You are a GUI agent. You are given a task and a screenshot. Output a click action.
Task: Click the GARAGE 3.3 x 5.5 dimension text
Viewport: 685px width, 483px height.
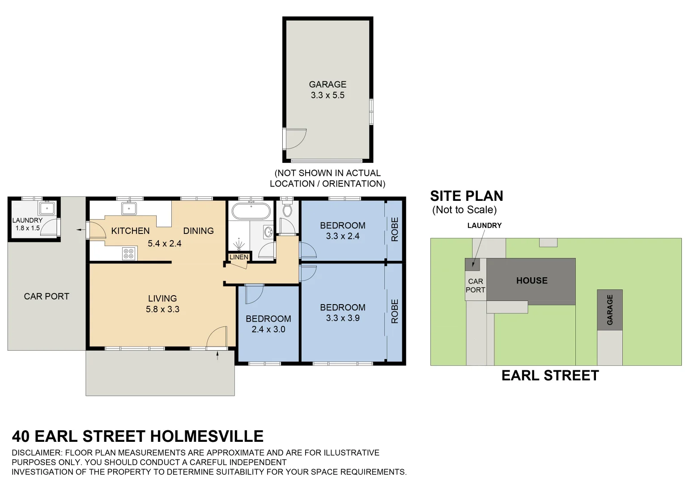tap(328, 95)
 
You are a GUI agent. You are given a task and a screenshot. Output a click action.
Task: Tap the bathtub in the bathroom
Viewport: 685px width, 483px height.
tap(251, 211)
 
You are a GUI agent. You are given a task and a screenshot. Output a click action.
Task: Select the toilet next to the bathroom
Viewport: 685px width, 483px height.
tap(287, 210)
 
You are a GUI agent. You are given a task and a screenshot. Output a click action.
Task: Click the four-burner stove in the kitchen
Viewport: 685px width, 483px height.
tap(128, 254)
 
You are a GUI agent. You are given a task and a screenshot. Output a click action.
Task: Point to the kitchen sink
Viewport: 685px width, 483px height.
tap(129, 208)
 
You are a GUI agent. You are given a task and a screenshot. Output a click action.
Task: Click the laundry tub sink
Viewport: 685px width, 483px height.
tap(47, 208)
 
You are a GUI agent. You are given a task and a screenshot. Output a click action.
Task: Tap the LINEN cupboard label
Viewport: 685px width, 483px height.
tap(238, 257)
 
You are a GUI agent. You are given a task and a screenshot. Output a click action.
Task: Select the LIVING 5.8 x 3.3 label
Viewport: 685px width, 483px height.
tap(162, 304)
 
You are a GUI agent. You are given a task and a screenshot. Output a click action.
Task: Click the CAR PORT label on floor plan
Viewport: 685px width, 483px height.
tap(47, 297)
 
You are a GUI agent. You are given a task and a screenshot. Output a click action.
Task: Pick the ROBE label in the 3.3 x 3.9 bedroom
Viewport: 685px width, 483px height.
tap(395, 311)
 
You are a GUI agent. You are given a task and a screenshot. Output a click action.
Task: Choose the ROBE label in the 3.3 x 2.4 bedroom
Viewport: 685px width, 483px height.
tap(395, 229)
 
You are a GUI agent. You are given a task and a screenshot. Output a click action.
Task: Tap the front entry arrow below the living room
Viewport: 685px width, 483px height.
tap(217, 356)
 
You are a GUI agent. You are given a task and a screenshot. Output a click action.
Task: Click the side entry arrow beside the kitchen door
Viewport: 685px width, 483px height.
tap(81, 230)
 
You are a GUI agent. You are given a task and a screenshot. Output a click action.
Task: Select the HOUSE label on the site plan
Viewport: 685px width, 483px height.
tap(532, 281)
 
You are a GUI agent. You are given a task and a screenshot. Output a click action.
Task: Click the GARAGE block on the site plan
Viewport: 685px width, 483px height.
tap(609, 309)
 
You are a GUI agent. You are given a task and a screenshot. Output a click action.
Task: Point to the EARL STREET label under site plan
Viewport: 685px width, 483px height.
tap(550, 376)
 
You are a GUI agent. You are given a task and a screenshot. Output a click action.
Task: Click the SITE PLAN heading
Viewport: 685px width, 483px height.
tap(466, 196)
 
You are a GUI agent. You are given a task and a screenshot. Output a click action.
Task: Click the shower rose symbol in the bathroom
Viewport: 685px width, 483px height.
tap(239, 244)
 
